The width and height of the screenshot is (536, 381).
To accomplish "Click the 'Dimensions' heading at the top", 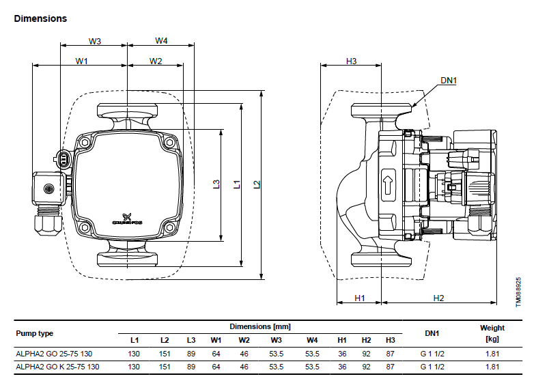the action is point(40,18).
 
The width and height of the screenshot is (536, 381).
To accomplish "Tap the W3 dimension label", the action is point(95,42).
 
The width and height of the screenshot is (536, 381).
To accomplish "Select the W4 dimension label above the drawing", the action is point(161,41).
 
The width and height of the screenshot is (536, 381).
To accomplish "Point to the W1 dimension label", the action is point(82,61).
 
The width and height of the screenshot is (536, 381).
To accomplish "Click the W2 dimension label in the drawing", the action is point(156,61).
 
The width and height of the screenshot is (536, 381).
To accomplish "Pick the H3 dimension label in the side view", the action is point(351,61).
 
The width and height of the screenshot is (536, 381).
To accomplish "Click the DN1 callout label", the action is point(449,81).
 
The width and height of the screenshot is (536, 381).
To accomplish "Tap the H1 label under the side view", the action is point(360,298).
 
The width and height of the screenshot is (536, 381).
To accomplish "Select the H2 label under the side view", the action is point(438,298).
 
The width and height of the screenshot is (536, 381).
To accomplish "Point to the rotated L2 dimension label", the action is point(257,184).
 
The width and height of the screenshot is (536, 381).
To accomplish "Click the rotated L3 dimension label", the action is point(216,184).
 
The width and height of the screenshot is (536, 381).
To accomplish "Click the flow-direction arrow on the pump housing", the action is point(388,185).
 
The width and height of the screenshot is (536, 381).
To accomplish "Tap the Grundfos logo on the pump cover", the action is point(127,219).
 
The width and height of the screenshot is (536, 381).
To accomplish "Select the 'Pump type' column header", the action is point(35,333).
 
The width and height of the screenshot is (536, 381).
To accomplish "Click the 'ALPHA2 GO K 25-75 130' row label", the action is point(57,367).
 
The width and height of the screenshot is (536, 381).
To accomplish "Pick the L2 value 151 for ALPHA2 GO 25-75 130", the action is point(165,354).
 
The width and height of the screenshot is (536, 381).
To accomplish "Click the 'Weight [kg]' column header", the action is point(492,333).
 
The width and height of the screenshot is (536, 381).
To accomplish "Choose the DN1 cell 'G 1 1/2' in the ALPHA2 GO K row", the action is point(432,367).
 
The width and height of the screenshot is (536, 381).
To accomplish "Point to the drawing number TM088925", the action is point(518,292).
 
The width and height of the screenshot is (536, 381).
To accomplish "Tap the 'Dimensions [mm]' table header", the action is point(260,326).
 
